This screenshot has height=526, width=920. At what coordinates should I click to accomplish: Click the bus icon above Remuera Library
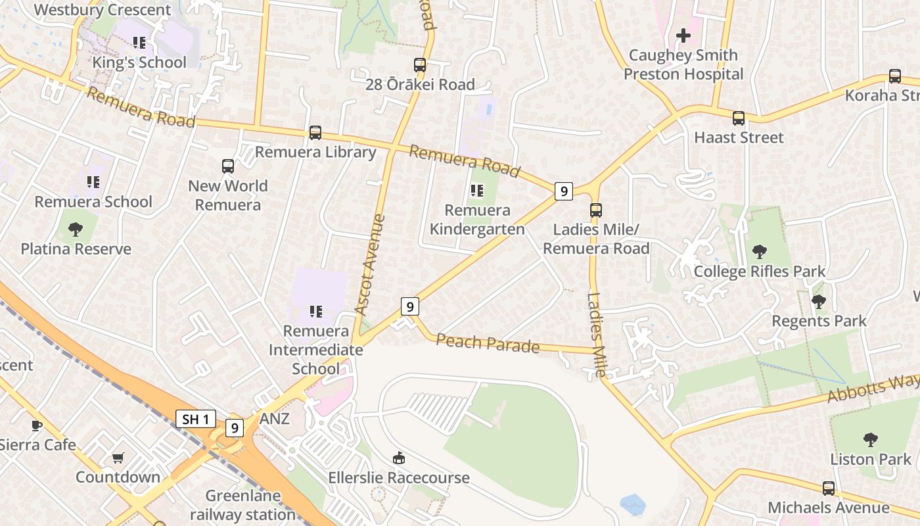(x=315, y=133)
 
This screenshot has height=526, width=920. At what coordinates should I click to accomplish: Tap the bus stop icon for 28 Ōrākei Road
(x=420, y=65)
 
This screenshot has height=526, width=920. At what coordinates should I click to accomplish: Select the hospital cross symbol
(x=683, y=36)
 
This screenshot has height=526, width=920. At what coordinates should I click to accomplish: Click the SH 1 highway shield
(x=196, y=419)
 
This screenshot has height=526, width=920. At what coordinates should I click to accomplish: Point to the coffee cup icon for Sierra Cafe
(x=37, y=426)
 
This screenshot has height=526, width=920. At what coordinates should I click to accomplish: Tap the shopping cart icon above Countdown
(x=118, y=458)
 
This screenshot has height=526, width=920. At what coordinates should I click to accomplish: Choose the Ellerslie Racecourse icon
(x=398, y=458)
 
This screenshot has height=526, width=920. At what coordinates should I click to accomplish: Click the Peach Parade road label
(x=488, y=343)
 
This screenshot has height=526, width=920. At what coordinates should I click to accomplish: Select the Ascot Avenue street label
(x=370, y=264)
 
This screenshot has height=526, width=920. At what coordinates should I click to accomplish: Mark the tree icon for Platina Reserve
(x=76, y=229)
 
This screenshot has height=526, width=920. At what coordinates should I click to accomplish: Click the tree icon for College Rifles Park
(x=760, y=251)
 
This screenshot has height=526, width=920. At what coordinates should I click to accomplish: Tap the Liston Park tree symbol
(x=871, y=439)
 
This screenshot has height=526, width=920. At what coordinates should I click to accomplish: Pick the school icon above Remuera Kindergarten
(x=477, y=191)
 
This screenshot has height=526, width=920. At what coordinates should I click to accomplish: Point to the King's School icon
(x=139, y=43)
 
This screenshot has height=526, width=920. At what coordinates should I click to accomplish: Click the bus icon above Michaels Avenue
(x=829, y=489)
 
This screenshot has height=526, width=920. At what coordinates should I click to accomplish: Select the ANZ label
(x=275, y=419)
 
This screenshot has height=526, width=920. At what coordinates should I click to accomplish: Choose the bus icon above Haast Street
(x=739, y=118)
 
